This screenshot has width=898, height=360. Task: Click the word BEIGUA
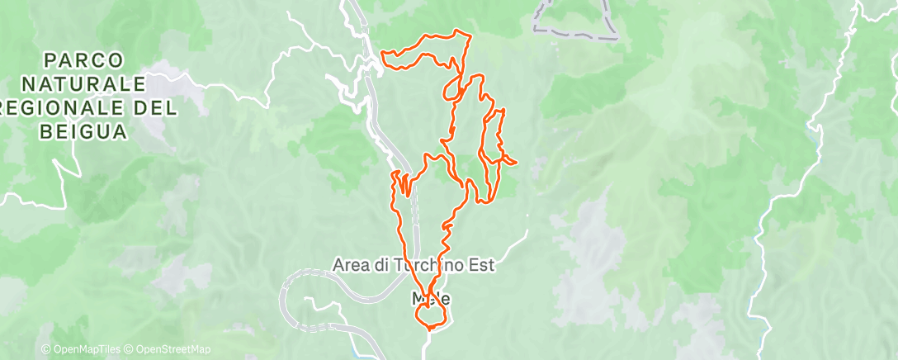[84, 131]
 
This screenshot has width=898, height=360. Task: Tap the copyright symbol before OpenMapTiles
[45, 349]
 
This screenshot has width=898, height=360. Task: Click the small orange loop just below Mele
[432, 315]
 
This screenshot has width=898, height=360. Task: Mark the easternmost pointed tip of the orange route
[516, 162]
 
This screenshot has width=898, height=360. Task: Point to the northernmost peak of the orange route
[459, 32]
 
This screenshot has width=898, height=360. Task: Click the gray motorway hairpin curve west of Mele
[284, 293]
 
